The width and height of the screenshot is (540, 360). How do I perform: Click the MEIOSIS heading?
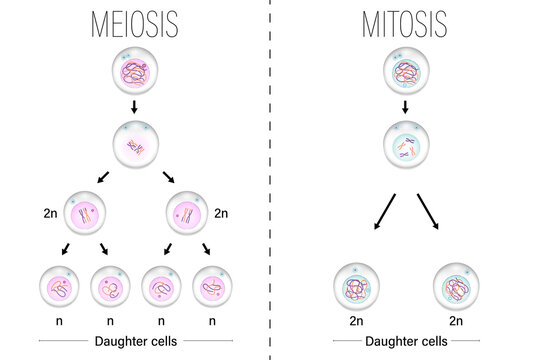tap(135, 23)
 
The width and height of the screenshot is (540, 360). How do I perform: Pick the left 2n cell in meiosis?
tap(85, 215)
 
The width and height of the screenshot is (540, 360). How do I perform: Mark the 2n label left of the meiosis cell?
tap(50, 213)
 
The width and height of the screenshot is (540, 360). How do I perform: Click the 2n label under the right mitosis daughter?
tap(456, 323)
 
